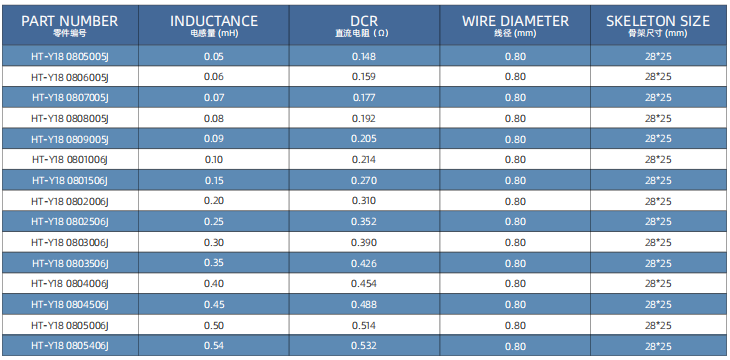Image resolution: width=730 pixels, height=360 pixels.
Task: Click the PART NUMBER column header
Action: (70, 21)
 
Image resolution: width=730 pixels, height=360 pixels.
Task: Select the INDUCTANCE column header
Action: (214, 21)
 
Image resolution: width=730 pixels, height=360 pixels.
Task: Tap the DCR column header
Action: (364, 21)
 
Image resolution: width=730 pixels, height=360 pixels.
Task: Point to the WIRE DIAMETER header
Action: (515, 21)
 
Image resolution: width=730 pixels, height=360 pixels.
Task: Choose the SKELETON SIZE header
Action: (658, 21)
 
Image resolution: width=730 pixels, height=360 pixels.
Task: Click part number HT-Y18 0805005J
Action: (70, 57)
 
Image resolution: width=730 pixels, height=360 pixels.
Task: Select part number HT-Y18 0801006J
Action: (70, 160)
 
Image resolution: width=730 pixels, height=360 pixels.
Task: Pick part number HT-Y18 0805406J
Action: (70, 346)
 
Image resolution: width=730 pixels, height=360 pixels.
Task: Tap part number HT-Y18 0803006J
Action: (70, 243)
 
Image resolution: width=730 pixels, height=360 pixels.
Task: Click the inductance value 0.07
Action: (214, 98)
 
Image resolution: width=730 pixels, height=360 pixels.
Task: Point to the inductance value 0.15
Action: (214, 180)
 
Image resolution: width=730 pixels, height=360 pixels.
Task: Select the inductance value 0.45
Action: (214, 305)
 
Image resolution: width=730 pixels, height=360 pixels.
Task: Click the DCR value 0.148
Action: (364, 57)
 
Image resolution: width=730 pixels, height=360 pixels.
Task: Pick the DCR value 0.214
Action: (364, 160)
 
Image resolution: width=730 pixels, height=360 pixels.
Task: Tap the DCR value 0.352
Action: (364, 222)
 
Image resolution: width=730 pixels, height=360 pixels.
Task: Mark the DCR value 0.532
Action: (364, 346)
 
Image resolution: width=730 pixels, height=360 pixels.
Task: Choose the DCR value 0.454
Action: (364, 284)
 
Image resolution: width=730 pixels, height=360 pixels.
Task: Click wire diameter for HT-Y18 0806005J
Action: (515, 77)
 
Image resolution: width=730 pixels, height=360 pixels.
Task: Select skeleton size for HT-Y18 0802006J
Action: (658, 201)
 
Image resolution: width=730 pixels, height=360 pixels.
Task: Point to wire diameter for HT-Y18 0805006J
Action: (515, 325)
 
